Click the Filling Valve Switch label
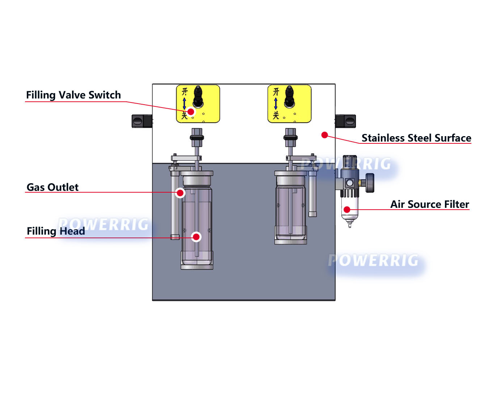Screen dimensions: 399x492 pyautogui.click(x=73, y=95)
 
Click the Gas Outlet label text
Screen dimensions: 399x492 pyautogui.click(x=52, y=187)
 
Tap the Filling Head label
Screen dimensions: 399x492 pyautogui.click(x=56, y=231)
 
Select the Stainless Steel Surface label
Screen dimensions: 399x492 pyautogui.click(x=416, y=138)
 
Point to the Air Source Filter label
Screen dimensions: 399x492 pyautogui.click(x=429, y=204)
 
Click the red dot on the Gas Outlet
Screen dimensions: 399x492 pyautogui.click(x=180, y=193)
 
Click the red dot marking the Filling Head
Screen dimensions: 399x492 pyautogui.click(x=196, y=237)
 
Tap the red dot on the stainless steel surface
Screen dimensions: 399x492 pyautogui.click(x=325, y=135)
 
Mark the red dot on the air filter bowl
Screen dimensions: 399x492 pyautogui.click(x=347, y=209)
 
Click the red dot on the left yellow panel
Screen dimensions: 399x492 pyautogui.click(x=191, y=112)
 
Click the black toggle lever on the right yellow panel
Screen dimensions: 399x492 pyautogui.click(x=289, y=96)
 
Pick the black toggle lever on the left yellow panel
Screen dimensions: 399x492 pyautogui.click(x=198, y=96)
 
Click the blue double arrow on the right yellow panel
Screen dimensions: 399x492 pyautogui.click(x=276, y=104)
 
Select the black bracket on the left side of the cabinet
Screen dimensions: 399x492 pyautogui.click(x=142, y=121)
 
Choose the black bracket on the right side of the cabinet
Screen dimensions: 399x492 pyautogui.click(x=346, y=121)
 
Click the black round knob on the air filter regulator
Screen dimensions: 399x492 pyautogui.click(x=370, y=183)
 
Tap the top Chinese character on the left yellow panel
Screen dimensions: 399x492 pyautogui.click(x=185, y=92)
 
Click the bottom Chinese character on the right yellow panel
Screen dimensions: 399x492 pyautogui.click(x=276, y=115)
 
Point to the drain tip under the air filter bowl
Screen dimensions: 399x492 pyautogui.click(x=349, y=225)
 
